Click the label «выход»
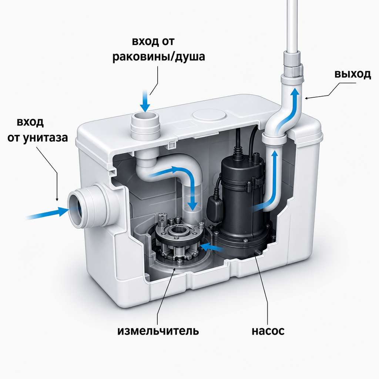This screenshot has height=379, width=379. coord(352,74)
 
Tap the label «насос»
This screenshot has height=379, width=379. coord(268,331)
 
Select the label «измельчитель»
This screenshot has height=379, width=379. coord(158,331)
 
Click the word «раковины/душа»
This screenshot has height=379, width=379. coord(159,57)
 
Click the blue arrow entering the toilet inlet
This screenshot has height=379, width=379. coord(47,213)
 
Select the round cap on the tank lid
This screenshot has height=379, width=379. coord(209,115)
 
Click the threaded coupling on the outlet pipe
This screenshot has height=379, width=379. coord(292,65)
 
